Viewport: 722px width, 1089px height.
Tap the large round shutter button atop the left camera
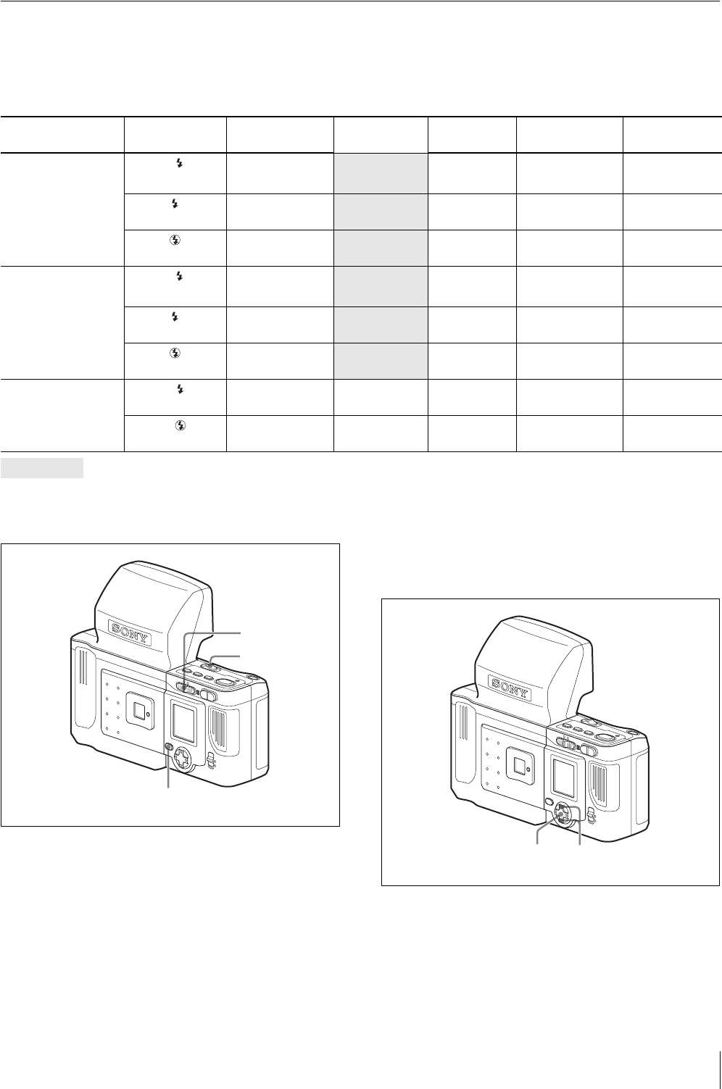click(224, 682)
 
